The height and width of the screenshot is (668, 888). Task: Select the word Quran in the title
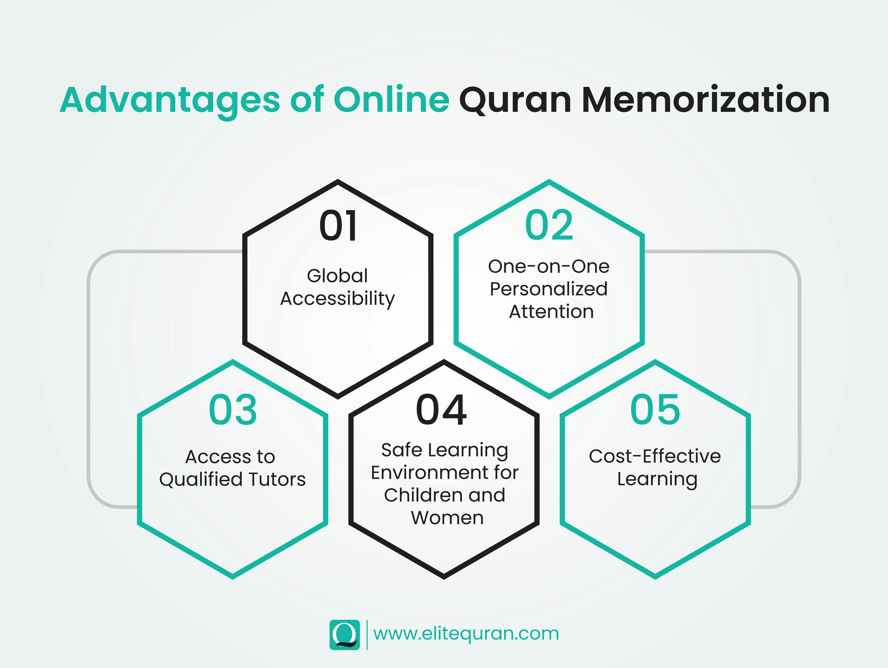(515, 100)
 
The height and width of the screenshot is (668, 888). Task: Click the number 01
(338, 226)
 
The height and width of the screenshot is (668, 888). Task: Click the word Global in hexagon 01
(337, 276)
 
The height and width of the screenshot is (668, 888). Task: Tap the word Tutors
(277, 479)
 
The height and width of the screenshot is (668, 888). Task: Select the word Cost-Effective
(655, 456)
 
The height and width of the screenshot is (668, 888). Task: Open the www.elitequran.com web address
(466, 634)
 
